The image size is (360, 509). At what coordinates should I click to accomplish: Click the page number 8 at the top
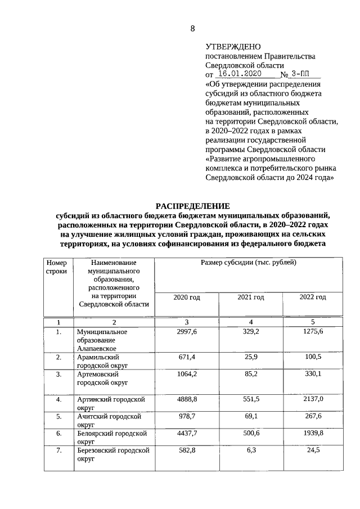pyautogui.click(x=192, y=29)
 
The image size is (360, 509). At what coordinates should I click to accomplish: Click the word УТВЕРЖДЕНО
pyautogui.click(x=229, y=47)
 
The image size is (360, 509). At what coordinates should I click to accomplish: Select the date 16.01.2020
pyautogui.click(x=239, y=74)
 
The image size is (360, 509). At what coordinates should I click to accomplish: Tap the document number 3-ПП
pyautogui.click(x=303, y=74)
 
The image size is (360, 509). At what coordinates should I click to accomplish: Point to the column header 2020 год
pyautogui.click(x=187, y=297)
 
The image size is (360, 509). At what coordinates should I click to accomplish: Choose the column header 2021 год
pyautogui.click(x=250, y=297)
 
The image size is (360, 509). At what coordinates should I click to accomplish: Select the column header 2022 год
pyautogui.click(x=313, y=297)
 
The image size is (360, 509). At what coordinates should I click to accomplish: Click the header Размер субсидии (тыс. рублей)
pyautogui.click(x=248, y=263)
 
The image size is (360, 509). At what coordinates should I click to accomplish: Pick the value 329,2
pyautogui.click(x=250, y=332)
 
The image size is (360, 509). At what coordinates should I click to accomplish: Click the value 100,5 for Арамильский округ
pyautogui.click(x=313, y=357)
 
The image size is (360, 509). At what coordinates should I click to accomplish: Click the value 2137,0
pyautogui.click(x=313, y=399)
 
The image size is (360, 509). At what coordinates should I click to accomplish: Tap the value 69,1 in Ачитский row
pyautogui.click(x=250, y=417)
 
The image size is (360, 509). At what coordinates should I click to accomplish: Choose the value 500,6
pyautogui.click(x=250, y=434)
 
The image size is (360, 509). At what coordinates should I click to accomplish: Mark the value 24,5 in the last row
pyautogui.click(x=313, y=451)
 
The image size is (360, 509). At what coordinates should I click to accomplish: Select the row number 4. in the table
pyautogui.click(x=58, y=399)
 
